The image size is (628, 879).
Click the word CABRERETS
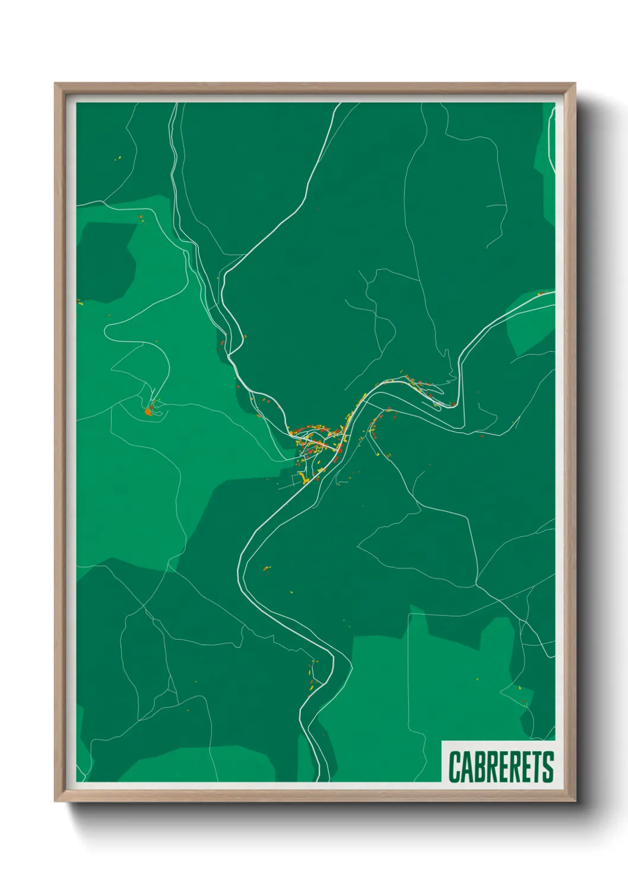(501, 766)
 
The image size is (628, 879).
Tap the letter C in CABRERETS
(455, 767)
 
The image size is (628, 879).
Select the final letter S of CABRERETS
(548, 767)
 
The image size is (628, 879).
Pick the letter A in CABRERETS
(467, 767)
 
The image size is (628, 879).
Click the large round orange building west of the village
(148, 411)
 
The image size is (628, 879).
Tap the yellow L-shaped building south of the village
(302, 479)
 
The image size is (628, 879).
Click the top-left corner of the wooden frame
(55, 84)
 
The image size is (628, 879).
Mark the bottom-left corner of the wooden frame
(55, 801)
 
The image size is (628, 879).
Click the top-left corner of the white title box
(442, 742)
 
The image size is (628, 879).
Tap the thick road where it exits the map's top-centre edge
(340, 105)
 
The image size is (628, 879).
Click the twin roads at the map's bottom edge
(323, 775)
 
